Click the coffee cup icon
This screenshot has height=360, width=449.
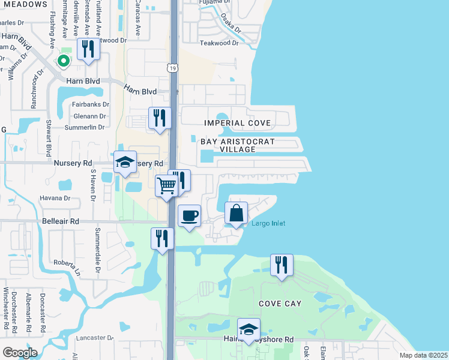pos(190,215)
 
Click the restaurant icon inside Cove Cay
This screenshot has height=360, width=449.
pos(282,265)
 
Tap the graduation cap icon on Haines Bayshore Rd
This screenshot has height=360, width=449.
pos(249,329)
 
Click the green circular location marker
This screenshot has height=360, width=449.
pos(62,61)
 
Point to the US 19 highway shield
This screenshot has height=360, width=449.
pos(172,69)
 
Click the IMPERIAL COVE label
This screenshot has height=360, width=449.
pos(238,123)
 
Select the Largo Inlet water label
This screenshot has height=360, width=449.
pos(268,224)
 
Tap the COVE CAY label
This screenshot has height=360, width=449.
pos(280,304)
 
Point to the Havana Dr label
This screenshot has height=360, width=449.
pos(55,198)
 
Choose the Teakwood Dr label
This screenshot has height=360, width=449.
pos(219,43)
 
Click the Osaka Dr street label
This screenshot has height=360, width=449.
pos(230,23)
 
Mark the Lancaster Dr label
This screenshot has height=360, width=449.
pos(95,338)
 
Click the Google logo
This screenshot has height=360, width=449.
pos(20,353)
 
